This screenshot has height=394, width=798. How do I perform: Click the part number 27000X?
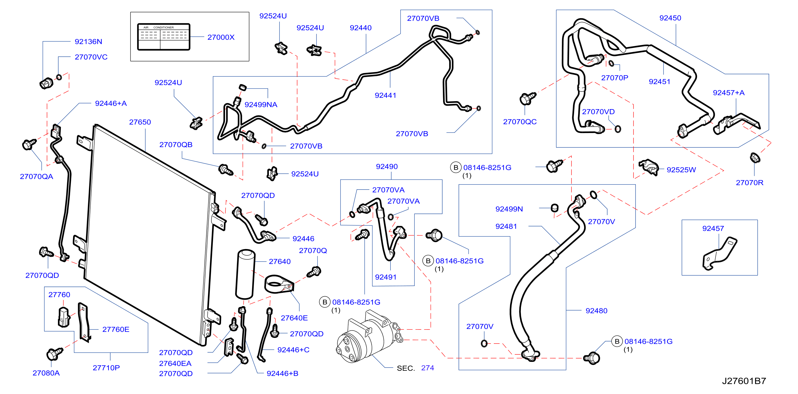coord(221,37)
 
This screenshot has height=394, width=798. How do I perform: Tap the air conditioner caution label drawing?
coord(164,37)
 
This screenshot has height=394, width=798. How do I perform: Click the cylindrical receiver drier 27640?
coord(246,274)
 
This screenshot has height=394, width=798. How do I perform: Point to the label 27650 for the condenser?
coord(140,122)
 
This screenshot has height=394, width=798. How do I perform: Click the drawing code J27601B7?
coord(744,381)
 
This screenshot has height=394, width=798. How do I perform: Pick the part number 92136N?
coord(88,41)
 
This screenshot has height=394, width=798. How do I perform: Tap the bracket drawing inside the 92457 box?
coord(720,254)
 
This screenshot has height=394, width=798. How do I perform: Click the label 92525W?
coord(681,170)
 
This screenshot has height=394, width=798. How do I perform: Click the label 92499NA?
coord(261,105)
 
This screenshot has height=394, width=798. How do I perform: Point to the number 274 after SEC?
coord(427,368)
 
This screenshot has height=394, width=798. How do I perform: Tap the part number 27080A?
coord(46,373)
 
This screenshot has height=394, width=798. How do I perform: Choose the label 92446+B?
coord(283,373)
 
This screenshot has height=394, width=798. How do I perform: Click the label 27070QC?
coord(520,122)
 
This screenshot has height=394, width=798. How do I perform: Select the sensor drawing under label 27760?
coord(63,317)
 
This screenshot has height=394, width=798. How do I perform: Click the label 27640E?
coord(294,318)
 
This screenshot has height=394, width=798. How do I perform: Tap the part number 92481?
coord(506,226)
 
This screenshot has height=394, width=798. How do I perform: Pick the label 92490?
coord(387,166)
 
